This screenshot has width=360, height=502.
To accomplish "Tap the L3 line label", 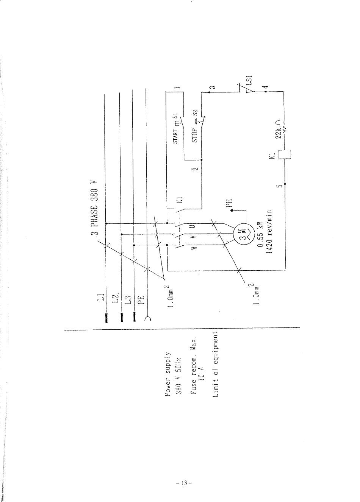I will point(128,299).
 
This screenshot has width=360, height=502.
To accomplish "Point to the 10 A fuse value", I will point(202,373).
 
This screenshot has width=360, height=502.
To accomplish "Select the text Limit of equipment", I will point(216,364).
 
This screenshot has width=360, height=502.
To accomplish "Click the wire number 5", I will point(280,186).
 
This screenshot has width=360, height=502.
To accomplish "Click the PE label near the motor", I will point(229,204).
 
